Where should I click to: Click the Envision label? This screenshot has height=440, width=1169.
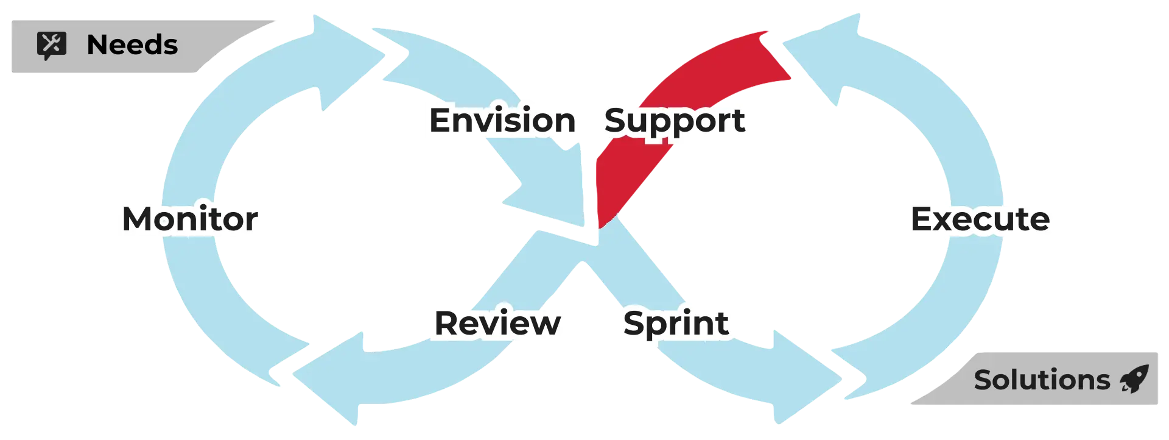pyautogui.click(x=502, y=120)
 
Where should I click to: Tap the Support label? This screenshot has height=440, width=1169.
pyautogui.click(x=675, y=120)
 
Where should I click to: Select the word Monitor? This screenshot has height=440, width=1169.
pyautogui.click(x=190, y=219)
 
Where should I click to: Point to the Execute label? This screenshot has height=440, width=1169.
pyautogui.click(x=981, y=219)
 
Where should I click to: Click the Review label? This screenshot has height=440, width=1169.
pyautogui.click(x=497, y=323)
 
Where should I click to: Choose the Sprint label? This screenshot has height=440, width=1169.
pyautogui.click(x=676, y=323)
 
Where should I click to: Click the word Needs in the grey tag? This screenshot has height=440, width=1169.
pyautogui.click(x=132, y=45)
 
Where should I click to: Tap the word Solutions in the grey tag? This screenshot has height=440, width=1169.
pyautogui.click(x=1042, y=380)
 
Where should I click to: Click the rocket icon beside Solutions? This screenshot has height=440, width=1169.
pyautogui.click(x=1134, y=379)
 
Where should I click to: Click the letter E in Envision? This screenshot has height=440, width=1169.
pyautogui.click(x=441, y=120)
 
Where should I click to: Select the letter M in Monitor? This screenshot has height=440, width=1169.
pyautogui.click(x=139, y=219)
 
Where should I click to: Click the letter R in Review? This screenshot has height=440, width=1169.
pyautogui.click(x=448, y=323)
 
